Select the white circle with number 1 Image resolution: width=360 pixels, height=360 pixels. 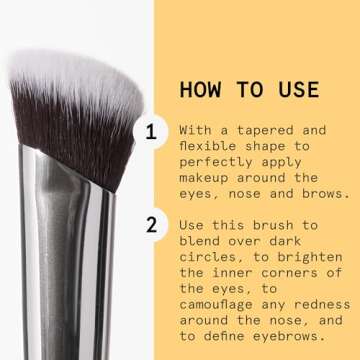(151, 131)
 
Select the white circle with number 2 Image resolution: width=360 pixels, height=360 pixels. (151, 225)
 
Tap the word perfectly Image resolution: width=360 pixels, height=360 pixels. (220, 162)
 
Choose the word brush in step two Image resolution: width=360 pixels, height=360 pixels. (272, 225)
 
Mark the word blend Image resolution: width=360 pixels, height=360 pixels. (201, 241)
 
